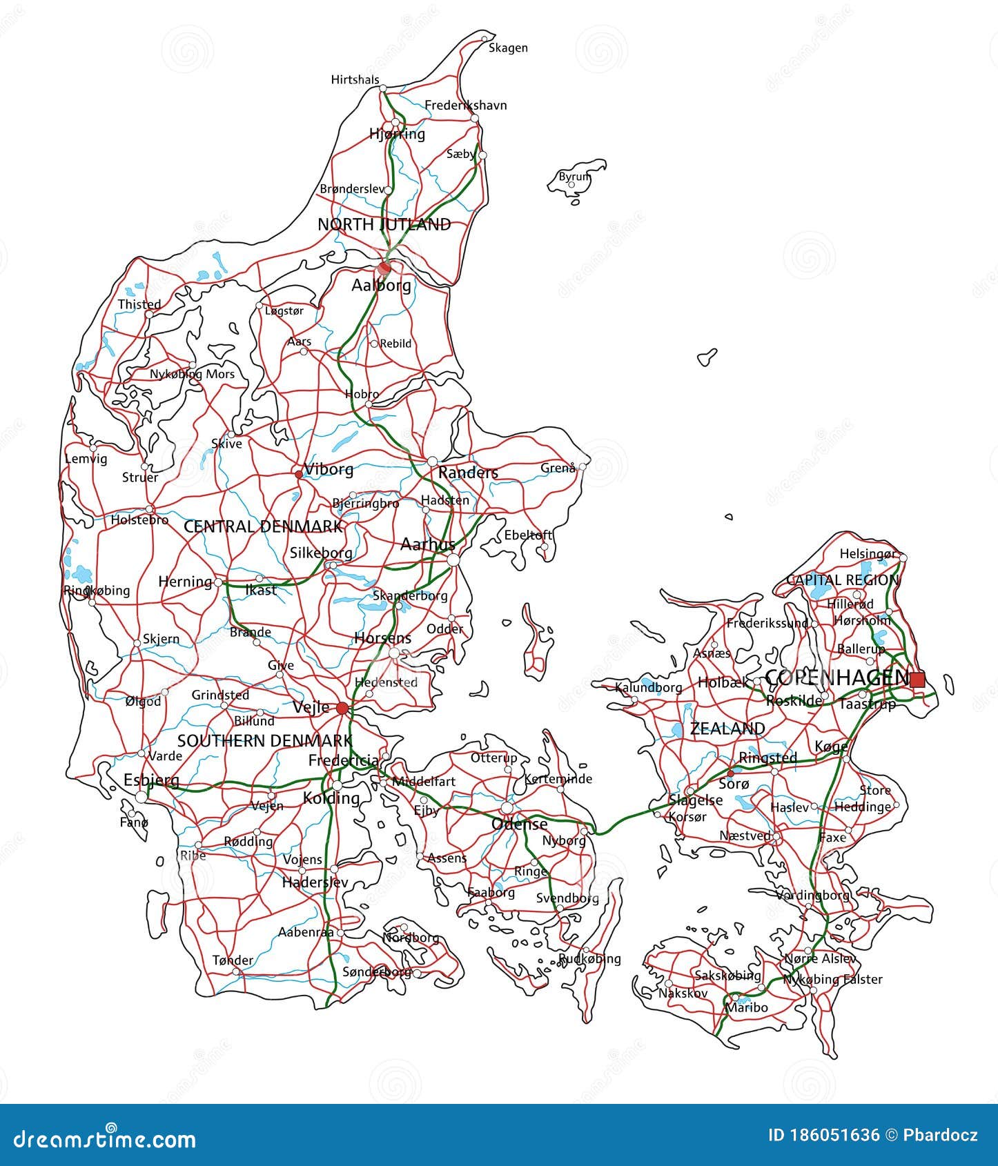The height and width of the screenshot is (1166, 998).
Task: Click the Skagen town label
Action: (x=508, y=48)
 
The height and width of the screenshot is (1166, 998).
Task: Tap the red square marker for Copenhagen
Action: (x=917, y=680)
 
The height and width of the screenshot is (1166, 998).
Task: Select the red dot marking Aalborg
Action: (x=384, y=268)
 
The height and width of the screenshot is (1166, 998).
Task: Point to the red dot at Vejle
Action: (x=342, y=709)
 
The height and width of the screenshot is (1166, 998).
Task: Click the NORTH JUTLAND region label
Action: (x=384, y=224)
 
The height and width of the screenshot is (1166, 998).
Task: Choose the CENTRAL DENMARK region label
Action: (x=263, y=527)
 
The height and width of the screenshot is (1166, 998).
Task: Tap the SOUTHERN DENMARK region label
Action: (x=265, y=741)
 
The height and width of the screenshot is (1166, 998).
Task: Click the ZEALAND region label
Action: (x=727, y=729)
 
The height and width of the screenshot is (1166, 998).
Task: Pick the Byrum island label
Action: (x=574, y=177)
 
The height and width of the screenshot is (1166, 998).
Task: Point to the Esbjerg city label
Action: (x=151, y=780)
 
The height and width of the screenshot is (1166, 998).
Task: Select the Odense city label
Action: (x=519, y=824)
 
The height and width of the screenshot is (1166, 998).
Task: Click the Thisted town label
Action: (x=139, y=304)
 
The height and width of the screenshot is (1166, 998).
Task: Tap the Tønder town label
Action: (x=233, y=960)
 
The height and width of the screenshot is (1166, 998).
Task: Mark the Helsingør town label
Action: (x=868, y=554)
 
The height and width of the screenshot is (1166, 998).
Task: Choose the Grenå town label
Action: (x=558, y=468)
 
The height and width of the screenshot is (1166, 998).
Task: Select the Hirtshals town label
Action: (x=355, y=80)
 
